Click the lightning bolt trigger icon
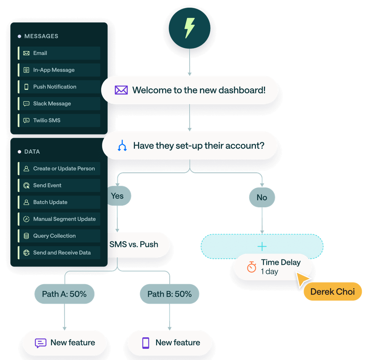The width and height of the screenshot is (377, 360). (190, 28)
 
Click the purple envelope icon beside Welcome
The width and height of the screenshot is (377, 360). (121, 90)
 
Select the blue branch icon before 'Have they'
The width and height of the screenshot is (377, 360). (122, 146)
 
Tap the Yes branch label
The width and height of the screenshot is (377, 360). (118, 196)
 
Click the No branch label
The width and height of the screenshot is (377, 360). (262, 197)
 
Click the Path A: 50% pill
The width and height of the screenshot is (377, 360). (64, 294)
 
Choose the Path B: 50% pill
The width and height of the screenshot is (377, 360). (170, 294)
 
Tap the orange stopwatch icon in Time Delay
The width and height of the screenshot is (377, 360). (251, 267)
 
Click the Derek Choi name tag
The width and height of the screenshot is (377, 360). (332, 291)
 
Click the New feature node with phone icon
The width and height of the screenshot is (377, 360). (170, 343)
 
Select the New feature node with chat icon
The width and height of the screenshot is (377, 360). (65, 343)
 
